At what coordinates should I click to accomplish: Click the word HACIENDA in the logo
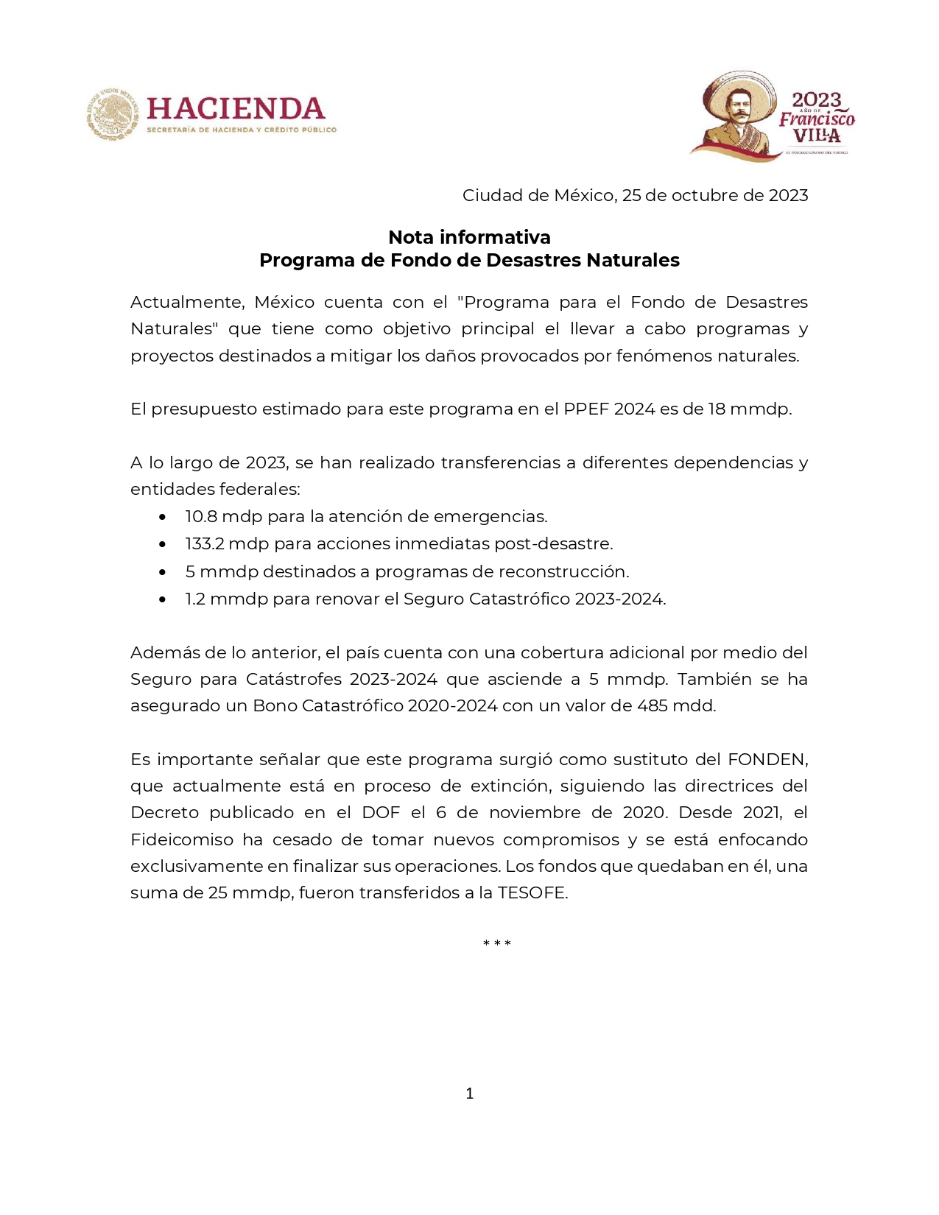pyautogui.click(x=236, y=109)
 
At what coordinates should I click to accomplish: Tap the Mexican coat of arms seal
pyautogui.click(x=112, y=114)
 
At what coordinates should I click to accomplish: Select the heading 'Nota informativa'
pyautogui.click(x=469, y=237)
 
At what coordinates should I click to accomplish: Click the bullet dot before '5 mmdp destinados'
pyautogui.click(x=162, y=572)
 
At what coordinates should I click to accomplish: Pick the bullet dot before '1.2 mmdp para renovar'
pyautogui.click(x=162, y=599)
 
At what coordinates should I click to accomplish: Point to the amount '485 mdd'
pyautogui.click(x=675, y=705)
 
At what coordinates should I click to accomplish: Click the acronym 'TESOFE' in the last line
pyautogui.click(x=532, y=892)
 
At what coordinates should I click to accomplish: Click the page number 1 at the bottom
pyautogui.click(x=470, y=1093)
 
